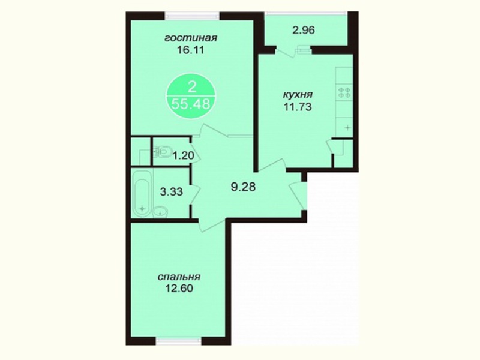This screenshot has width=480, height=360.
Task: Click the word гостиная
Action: pos(191,38)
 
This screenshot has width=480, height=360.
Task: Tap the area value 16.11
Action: pos(190,50)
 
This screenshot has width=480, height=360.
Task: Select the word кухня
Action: pos(298,95)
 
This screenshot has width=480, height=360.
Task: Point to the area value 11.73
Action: pos(298,107)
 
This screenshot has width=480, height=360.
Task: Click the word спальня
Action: pos(179,277)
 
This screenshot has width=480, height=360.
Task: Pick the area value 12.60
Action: pos(179,289)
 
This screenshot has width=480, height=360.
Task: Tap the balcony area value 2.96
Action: pos(304,31)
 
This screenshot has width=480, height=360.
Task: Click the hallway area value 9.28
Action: pos(243,187)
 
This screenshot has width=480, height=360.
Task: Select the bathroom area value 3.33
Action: pos(172,192)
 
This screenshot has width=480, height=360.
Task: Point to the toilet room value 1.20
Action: pos(183,156)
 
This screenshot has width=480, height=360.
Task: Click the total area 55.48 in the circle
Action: pos(191,104)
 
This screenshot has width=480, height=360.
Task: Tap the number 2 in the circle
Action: pos(192,88)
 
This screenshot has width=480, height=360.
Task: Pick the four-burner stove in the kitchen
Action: pos(344,92)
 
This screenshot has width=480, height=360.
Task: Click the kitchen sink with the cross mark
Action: pos(344,127)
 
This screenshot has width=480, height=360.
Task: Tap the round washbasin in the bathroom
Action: pos(160,211)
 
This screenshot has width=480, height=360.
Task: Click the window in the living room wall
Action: pos(192,16)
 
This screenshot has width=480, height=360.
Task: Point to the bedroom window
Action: pos(178,341)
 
